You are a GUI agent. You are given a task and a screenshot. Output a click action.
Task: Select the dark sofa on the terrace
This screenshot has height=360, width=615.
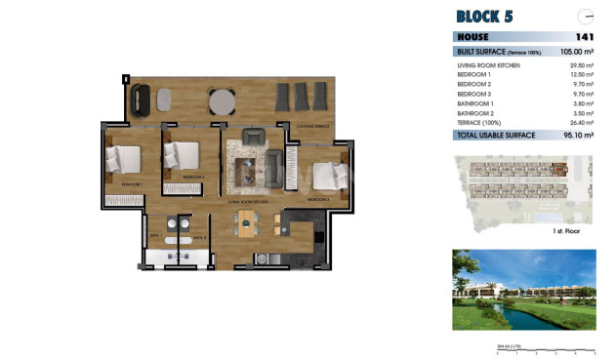coord(142,98)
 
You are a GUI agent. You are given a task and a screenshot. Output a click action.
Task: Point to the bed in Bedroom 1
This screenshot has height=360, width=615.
coord(125,159)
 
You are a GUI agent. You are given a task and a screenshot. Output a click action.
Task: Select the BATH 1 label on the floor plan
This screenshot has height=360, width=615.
coord(154,236)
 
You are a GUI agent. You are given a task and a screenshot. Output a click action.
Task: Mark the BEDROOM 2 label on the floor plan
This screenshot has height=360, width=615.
coord(192,177)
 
